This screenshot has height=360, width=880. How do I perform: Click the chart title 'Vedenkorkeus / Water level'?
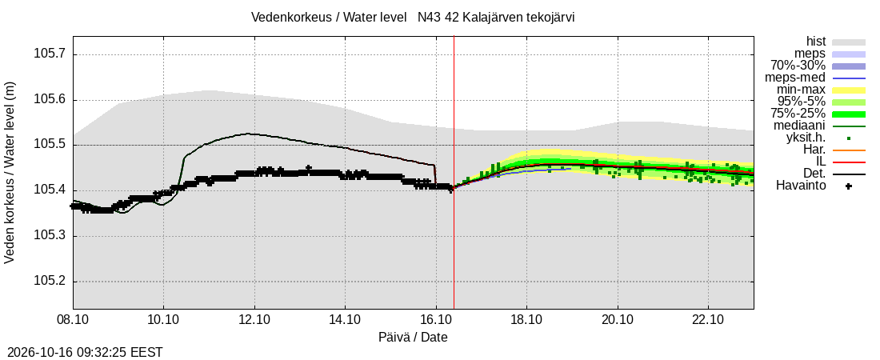(328, 18)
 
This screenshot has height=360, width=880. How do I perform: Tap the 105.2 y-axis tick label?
(50, 282)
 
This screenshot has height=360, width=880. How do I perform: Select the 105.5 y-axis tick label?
(50, 145)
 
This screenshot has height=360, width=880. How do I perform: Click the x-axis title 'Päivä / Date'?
(413, 338)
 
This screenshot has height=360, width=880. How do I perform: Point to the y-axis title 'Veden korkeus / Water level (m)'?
(10, 173)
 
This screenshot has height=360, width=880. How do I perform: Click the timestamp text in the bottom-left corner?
(82, 353)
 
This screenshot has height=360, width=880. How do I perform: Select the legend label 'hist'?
(815, 41)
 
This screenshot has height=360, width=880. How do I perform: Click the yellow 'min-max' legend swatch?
(849, 90)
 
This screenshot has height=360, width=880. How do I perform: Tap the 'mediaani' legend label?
(799, 126)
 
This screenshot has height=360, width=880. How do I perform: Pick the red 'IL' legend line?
(849, 162)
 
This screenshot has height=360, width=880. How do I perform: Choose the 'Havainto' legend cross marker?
(849, 186)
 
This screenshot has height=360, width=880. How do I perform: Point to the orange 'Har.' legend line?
(849, 150)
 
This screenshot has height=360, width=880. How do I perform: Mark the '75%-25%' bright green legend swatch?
(849, 114)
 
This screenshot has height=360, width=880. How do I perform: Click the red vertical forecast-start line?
(454, 173)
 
